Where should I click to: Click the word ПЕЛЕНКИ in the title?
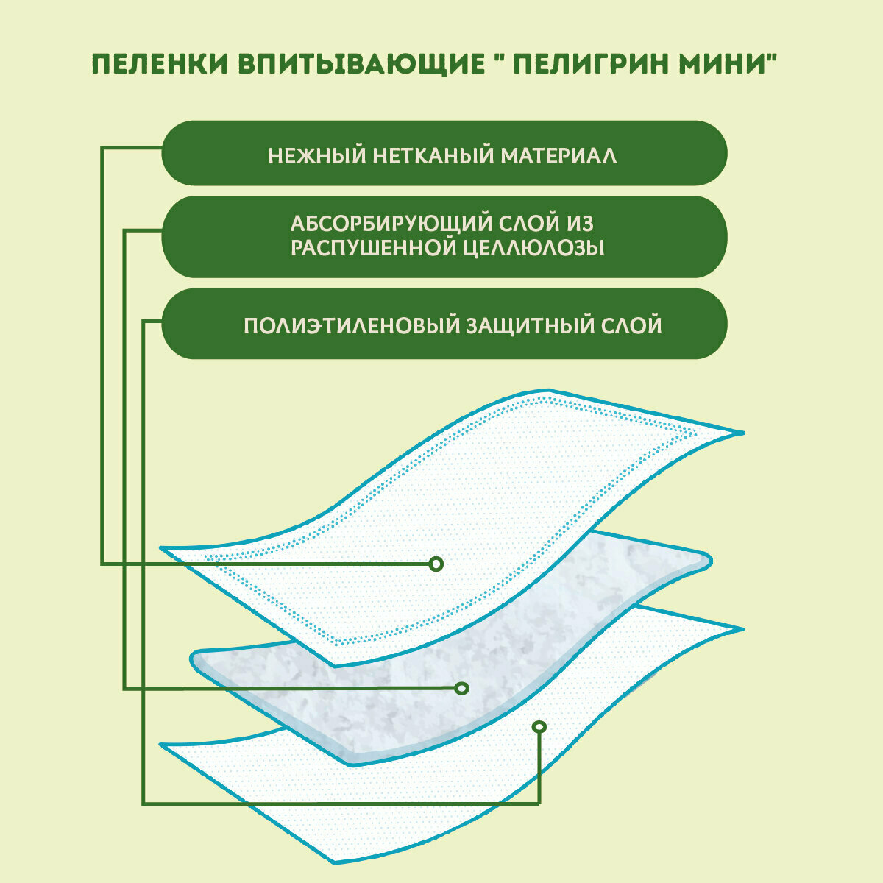coord(158,64)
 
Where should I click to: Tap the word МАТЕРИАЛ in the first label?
coord(560,156)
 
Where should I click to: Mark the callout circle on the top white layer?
coord(436,564)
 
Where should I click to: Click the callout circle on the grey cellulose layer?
coord(461,688)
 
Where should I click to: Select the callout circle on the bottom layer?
coord(539,727)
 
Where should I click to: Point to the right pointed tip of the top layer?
coord(741,432)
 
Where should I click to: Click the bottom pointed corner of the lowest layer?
coord(335,861)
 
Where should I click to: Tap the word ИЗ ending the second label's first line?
coord(578,223)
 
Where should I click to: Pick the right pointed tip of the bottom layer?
coord(741,629)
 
